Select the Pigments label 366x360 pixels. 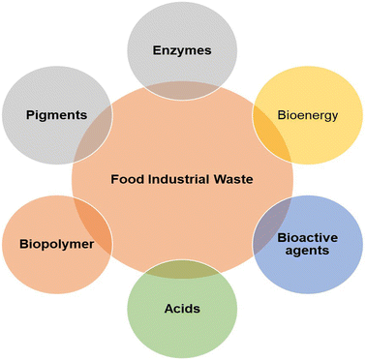(x=57, y=114)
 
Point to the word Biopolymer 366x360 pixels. (x=57, y=244)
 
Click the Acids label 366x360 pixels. (x=182, y=309)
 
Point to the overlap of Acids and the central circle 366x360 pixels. (x=182, y=273)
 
